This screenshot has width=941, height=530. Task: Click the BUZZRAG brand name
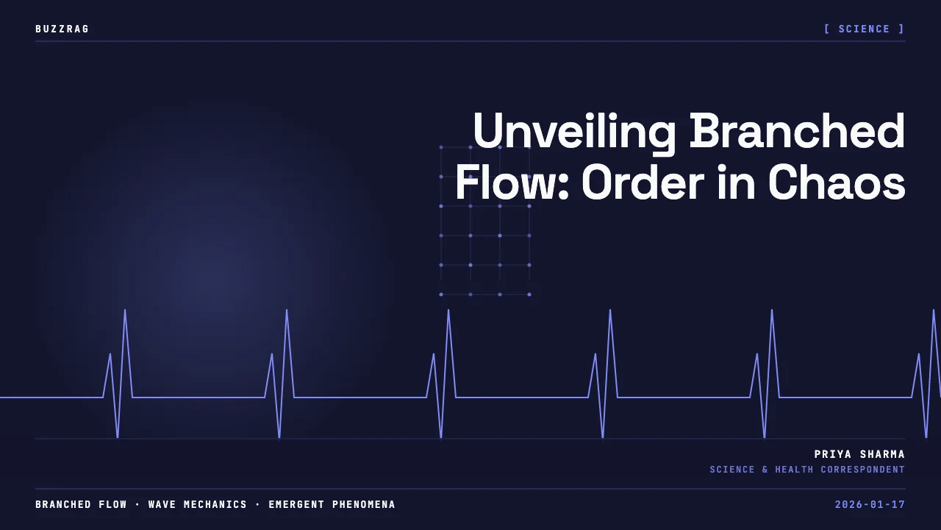point(62,29)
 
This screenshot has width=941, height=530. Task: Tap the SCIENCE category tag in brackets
point(864,29)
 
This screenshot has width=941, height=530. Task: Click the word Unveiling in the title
point(574,131)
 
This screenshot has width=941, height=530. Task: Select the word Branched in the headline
point(798,130)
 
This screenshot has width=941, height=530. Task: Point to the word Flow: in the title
point(512,182)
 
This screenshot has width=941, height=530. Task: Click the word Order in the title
point(643,182)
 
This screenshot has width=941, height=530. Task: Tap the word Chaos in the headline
point(837,182)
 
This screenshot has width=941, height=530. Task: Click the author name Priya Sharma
point(859,454)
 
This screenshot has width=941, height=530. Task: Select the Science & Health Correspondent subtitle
point(807,470)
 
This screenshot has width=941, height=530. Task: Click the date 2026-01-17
point(870,504)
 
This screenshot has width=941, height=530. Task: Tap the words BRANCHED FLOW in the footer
point(81,504)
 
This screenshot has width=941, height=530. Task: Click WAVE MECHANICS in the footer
point(198,504)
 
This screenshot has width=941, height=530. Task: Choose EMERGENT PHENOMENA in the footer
point(332,504)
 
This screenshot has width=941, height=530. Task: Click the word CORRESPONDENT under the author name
point(863,470)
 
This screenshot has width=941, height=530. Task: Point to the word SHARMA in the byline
point(882,454)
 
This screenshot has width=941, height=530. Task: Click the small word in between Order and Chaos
point(736,182)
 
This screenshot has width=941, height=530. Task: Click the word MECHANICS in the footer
point(215,504)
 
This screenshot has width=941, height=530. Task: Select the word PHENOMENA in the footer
point(364,504)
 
